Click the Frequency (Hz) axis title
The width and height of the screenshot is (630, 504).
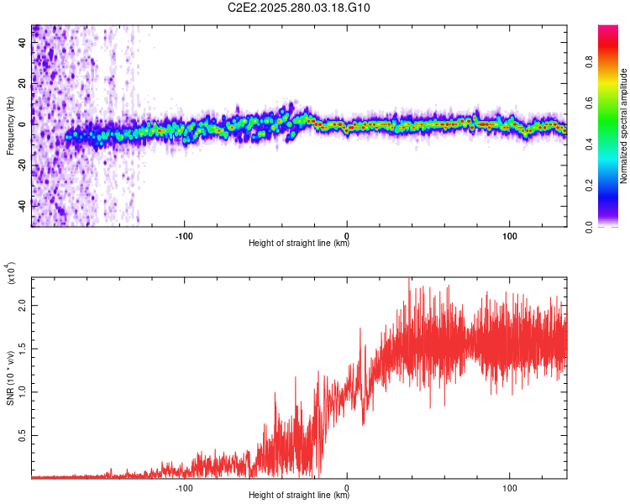(x=10, y=125)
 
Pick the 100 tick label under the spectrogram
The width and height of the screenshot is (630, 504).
(x=510, y=234)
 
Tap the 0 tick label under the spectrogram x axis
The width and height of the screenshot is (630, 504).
(x=347, y=234)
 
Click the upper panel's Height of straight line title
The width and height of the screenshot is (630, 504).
(x=299, y=244)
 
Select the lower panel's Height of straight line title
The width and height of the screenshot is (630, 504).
(x=299, y=494)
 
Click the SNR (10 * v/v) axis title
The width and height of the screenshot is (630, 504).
(x=10, y=377)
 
